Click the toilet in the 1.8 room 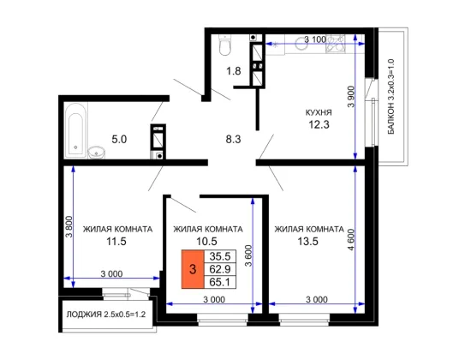pos(224,45)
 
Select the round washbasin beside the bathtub pos(97,153)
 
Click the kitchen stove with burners pos(336,44)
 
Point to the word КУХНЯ pos(319,113)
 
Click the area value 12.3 pos(319,124)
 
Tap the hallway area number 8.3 pos(234,139)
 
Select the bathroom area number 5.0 pos(119,139)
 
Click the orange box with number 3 pos(193,269)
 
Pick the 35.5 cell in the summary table pos(220,256)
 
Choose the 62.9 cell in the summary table pos(220,269)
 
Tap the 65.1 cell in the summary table pos(220,282)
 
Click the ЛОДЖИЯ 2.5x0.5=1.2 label pos(106,315)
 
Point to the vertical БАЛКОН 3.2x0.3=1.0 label pos(391,97)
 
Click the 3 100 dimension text pos(315,39)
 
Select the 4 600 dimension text pos(351,240)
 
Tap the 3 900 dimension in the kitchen pos(351,97)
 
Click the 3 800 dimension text pos(69,227)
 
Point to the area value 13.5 pos(308,242)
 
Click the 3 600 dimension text pos(248,255)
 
